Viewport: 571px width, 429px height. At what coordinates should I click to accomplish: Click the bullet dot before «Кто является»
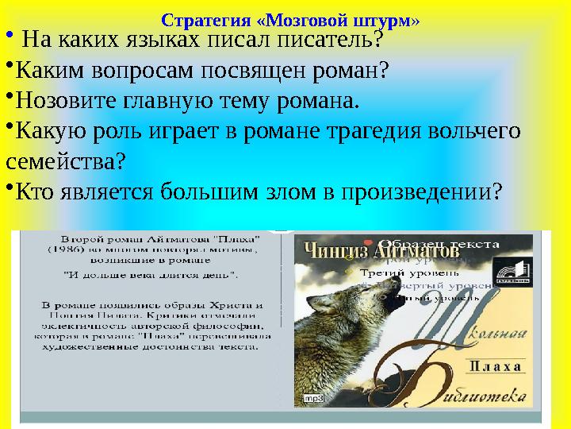click(10, 187)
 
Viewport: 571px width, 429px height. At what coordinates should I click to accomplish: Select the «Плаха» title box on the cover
click(495, 366)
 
